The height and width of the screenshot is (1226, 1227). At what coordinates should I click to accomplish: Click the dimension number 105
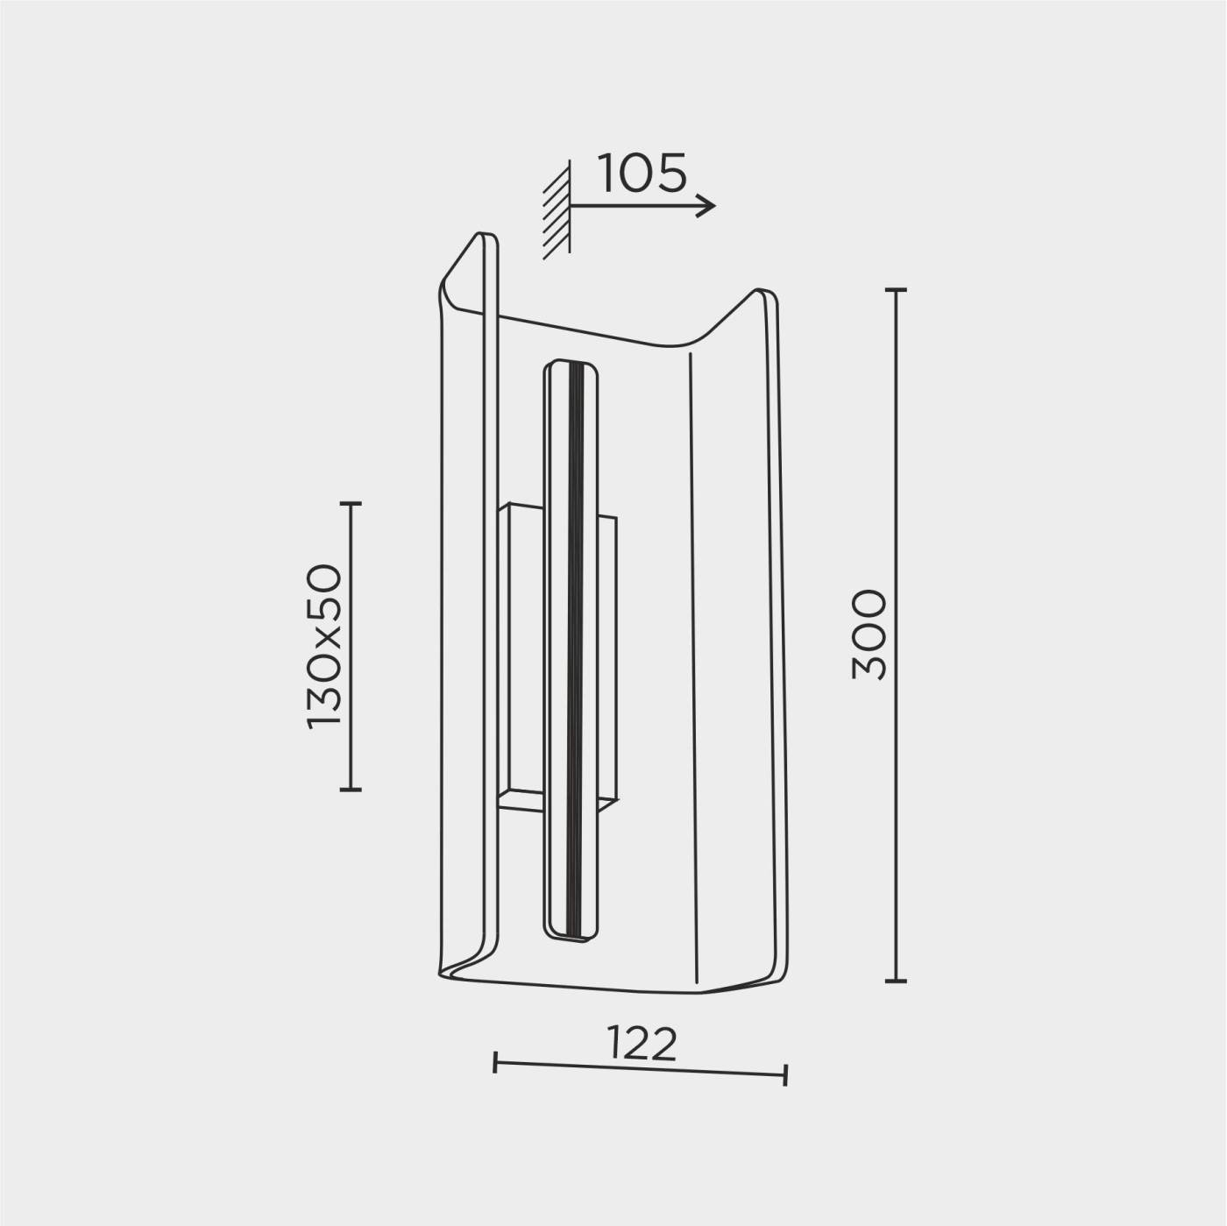click(x=642, y=174)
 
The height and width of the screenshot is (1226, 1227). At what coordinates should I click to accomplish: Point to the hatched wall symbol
click(x=557, y=210)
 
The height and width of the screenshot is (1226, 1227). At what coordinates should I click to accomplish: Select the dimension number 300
click(x=869, y=635)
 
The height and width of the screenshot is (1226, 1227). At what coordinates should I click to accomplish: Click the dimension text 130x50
click(x=325, y=647)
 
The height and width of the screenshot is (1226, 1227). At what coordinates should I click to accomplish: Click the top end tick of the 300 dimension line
click(x=896, y=290)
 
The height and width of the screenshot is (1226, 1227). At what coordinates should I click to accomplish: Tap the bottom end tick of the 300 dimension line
click(x=896, y=981)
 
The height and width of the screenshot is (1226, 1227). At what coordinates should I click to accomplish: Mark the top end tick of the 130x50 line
click(x=351, y=503)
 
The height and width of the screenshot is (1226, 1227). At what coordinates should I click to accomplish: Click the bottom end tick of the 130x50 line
click(x=351, y=789)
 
